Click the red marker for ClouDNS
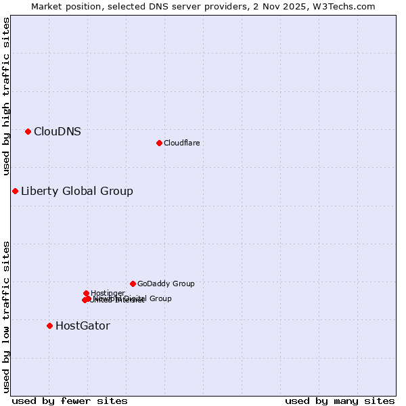[28, 131]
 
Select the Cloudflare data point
[159, 143]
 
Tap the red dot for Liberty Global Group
[15, 191]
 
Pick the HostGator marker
[49, 325]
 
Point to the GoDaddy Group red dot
[133, 284]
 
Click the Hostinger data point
[86, 293]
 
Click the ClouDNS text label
[58, 132]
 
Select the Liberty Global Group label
[77, 191]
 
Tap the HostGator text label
[83, 326]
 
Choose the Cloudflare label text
[182, 143]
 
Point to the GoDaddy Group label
[166, 284]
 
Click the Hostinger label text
[108, 293]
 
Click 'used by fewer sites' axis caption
[70, 401]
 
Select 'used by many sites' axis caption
[340, 401]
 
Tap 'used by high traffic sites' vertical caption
[7, 96]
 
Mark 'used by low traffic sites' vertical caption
[7, 317]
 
